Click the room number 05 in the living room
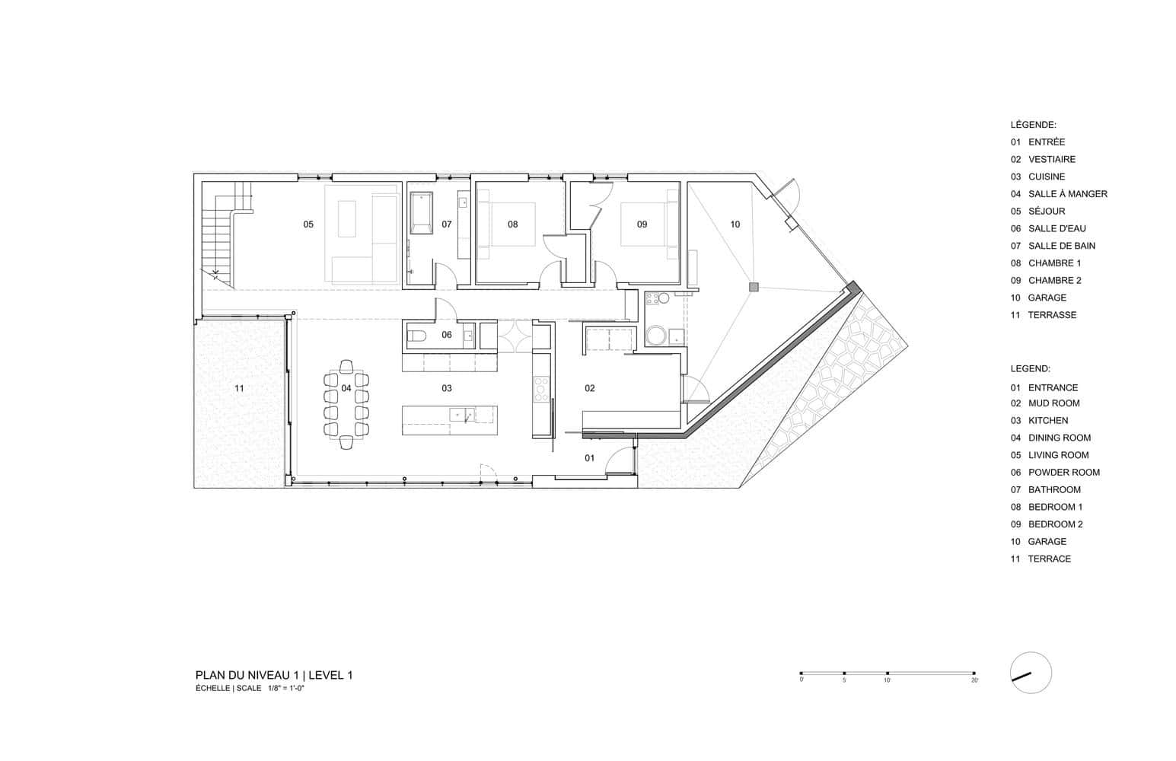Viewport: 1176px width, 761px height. click(x=308, y=224)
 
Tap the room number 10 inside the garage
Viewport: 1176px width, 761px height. click(x=735, y=224)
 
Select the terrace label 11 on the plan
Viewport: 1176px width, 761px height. click(x=240, y=388)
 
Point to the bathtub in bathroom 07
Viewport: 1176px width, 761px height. click(x=421, y=213)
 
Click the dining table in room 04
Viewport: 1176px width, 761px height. click(x=346, y=404)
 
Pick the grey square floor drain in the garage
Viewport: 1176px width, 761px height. click(x=754, y=287)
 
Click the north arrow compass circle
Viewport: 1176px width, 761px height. click(x=1031, y=673)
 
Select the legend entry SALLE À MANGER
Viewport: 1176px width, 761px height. click(x=1068, y=194)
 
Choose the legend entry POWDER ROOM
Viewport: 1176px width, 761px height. click(x=1063, y=473)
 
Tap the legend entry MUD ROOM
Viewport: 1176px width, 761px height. click(x=1053, y=403)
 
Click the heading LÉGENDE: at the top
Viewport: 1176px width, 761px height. click(x=1033, y=125)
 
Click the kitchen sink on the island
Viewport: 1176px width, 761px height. click(x=463, y=415)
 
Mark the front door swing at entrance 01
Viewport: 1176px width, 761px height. click(x=619, y=461)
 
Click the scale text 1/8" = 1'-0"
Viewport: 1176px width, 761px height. click(x=286, y=688)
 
